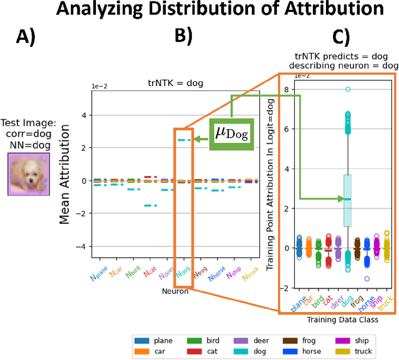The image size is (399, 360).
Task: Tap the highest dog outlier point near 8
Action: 348,89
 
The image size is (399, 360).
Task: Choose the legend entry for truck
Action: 352,351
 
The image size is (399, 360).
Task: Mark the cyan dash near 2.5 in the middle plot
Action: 184,140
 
